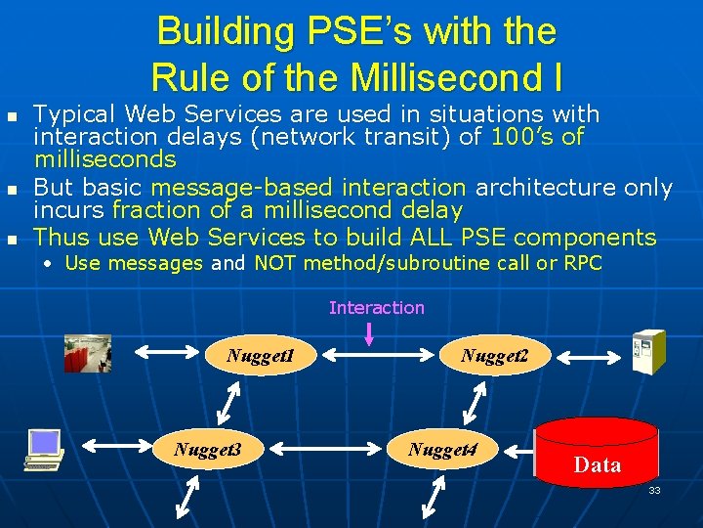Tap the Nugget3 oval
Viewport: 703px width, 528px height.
coord(206,449)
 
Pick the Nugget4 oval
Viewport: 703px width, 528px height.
coord(448,449)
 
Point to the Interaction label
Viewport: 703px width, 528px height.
coord(377,308)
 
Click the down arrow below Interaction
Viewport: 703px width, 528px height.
coord(369,334)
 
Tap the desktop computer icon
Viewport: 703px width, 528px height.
coord(44,451)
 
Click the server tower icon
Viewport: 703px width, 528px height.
coord(647,352)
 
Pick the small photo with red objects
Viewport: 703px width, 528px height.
coord(88,353)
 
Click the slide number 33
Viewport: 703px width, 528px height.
coord(654,490)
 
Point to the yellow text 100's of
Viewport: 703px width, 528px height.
coord(537,136)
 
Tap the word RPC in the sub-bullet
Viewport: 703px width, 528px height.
coord(583,263)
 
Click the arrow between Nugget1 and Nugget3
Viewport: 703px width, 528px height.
coord(227,402)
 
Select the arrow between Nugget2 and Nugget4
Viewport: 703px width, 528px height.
coord(476,402)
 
